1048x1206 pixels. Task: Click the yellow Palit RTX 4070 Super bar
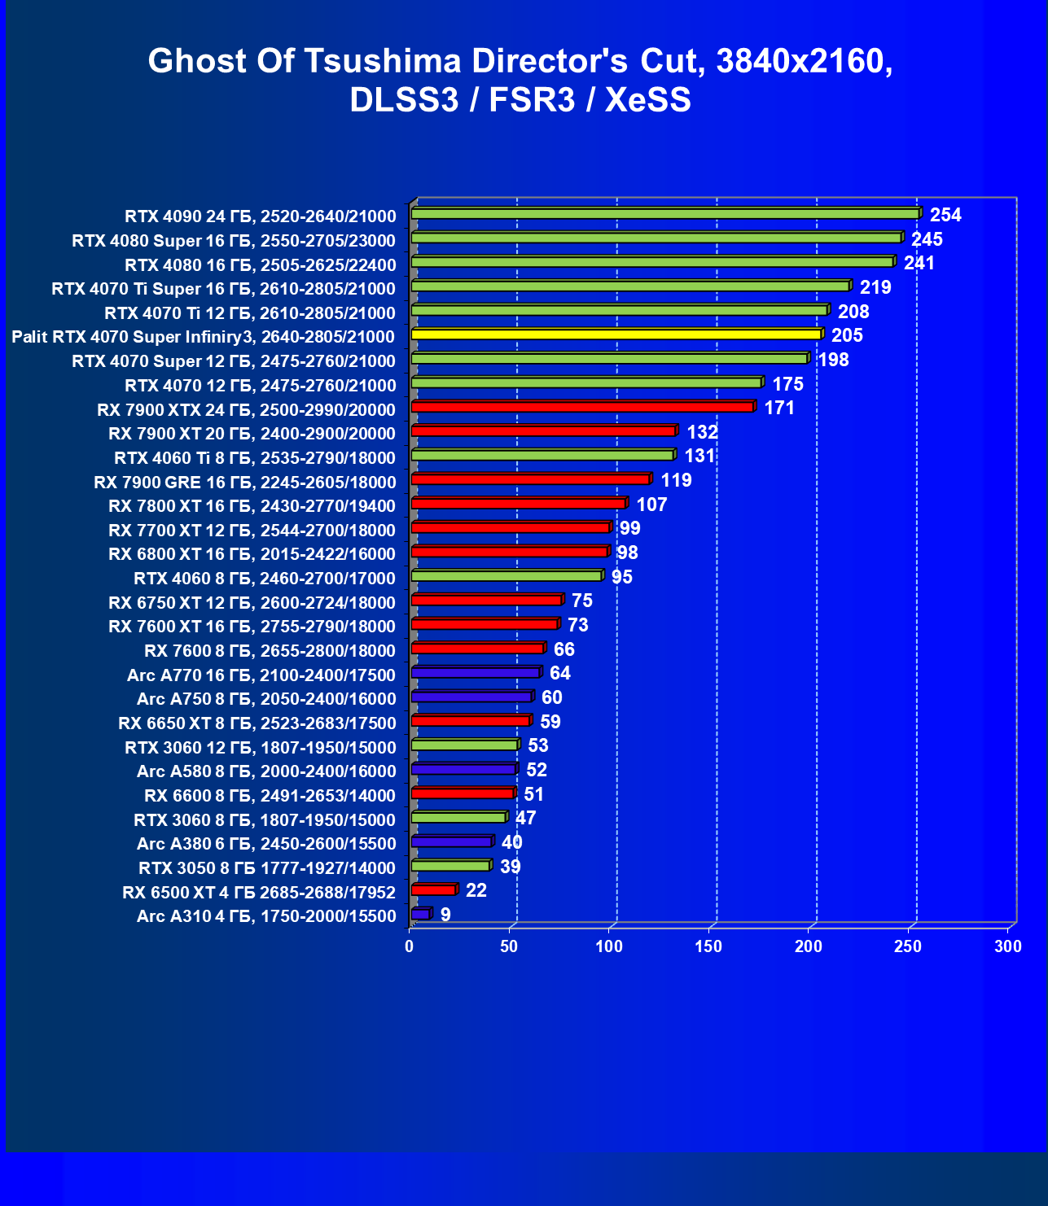click(616, 334)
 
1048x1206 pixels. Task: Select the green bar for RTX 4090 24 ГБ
click(665, 214)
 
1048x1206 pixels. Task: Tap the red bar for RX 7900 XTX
click(582, 407)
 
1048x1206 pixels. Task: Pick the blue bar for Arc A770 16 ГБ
click(476, 673)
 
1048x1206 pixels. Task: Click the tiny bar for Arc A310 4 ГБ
click(420, 915)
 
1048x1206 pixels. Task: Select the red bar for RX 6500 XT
click(433, 890)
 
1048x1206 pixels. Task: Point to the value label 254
click(945, 215)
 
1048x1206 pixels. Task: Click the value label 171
click(779, 408)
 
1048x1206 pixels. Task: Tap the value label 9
click(445, 915)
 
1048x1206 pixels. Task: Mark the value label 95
click(622, 577)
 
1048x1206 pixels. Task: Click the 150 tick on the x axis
click(708, 946)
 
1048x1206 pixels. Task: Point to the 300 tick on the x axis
click(1008, 946)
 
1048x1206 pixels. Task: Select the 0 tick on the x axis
click(410, 946)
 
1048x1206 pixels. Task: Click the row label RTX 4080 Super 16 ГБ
click(234, 241)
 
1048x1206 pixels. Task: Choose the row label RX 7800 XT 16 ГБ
click(252, 506)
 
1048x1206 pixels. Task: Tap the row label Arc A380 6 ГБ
click(266, 844)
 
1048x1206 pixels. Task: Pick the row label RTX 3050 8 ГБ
click(267, 868)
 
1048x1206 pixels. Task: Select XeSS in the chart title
click(648, 99)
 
